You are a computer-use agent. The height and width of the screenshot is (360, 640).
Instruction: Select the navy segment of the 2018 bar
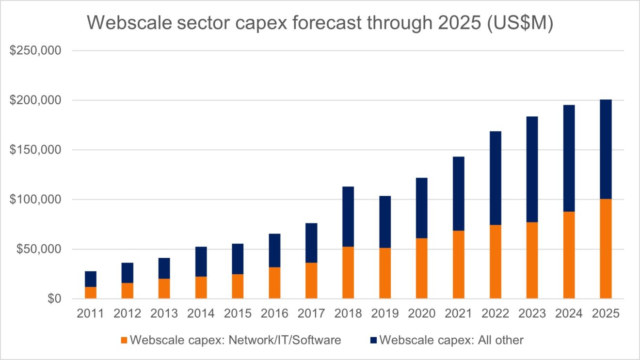click(x=348, y=217)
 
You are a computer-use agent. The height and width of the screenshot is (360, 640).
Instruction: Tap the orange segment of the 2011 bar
click(x=90, y=293)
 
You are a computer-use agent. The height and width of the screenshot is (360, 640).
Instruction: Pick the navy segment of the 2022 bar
click(x=495, y=178)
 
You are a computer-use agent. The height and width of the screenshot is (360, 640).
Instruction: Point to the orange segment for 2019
click(x=384, y=273)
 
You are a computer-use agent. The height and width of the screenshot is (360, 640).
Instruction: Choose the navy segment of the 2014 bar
click(x=201, y=262)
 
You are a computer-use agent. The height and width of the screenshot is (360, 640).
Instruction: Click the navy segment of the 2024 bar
click(x=569, y=158)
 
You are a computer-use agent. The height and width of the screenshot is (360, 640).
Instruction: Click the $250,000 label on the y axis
click(x=35, y=50)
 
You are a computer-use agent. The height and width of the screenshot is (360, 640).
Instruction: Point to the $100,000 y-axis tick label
click(x=35, y=200)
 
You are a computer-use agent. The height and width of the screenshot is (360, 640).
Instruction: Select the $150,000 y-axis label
click(x=35, y=150)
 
